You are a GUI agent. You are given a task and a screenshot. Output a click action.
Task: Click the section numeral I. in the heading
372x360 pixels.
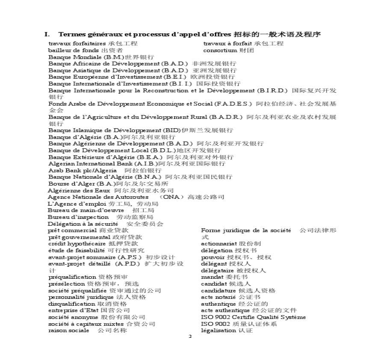(x=47, y=34)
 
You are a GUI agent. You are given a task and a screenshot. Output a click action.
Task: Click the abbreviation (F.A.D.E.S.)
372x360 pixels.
(x=234, y=104)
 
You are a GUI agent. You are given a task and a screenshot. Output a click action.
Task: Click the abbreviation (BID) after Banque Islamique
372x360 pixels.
(x=172, y=130)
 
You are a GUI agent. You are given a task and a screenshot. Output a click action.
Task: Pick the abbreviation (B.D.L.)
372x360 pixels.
(x=163, y=150)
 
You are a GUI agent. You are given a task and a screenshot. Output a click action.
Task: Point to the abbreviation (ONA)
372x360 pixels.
(x=172, y=197)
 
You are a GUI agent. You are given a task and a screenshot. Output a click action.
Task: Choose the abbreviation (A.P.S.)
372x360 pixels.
(x=130, y=257)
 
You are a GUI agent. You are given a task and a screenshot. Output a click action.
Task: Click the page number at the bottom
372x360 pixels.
(x=190, y=337)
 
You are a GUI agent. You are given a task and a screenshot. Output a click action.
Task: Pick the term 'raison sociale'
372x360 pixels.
(x=69, y=330)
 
